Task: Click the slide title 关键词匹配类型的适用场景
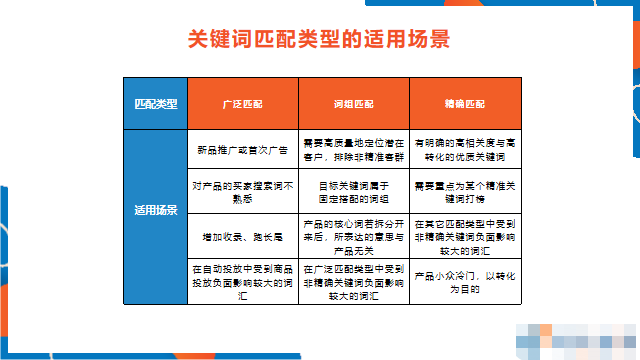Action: coord(319,40)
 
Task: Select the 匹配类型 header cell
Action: coord(156,104)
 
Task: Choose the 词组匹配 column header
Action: coord(353,104)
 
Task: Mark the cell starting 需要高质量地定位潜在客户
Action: coord(353,150)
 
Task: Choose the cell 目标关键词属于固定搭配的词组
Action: coord(353,191)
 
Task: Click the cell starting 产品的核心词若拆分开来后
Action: coord(353,236)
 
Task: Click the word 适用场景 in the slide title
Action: coord(410,40)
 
